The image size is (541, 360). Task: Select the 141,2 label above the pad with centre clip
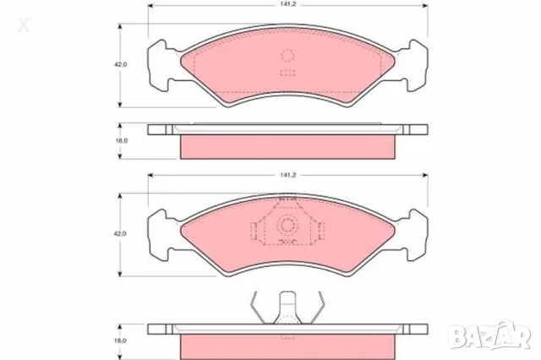(287, 177)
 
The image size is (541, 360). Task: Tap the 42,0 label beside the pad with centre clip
(121, 233)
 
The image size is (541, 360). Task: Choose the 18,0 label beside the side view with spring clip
(121, 340)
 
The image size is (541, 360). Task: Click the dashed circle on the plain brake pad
(287, 57)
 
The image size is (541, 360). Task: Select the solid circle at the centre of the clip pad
(287, 226)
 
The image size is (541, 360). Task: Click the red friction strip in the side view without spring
(287, 146)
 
